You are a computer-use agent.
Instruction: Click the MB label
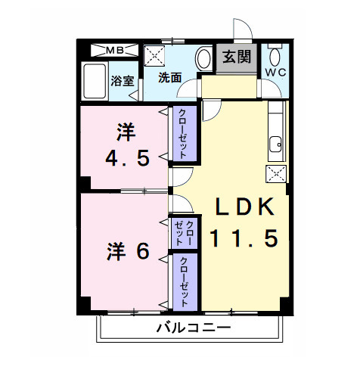pyautogui.click(x=116, y=51)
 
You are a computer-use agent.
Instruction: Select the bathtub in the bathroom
pyautogui.click(x=95, y=82)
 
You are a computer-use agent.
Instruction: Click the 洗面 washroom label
pyautogui.click(x=169, y=77)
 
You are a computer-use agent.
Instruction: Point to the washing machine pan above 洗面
pyautogui.click(x=157, y=56)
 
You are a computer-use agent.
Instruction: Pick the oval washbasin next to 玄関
pyautogui.click(x=203, y=58)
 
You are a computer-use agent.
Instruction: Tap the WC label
pyautogui.click(x=275, y=73)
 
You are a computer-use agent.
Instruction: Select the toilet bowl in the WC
pyautogui.click(x=275, y=55)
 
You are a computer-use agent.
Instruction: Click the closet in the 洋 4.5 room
pyautogui.click(x=182, y=133)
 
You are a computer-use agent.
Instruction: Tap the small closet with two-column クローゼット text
pyautogui.click(x=185, y=234)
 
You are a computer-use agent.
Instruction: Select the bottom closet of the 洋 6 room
pyautogui.click(x=182, y=281)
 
